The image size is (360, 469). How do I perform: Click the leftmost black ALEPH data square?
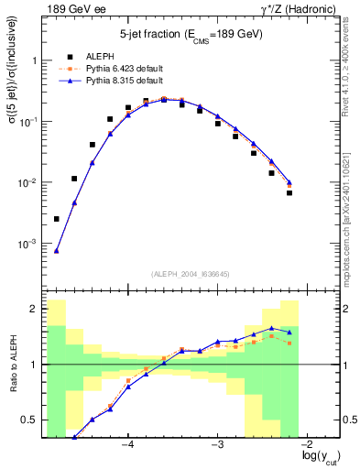click(x=57, y=219)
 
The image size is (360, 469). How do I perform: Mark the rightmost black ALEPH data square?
click(x=289, y=192)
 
